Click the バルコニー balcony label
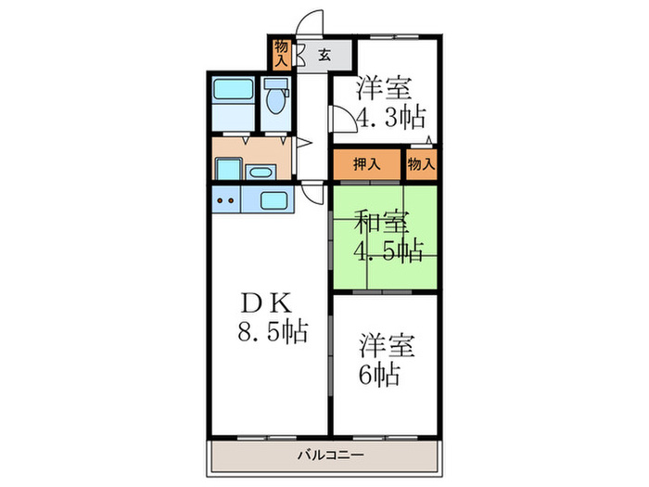pyautogui.click(x=324, y=455)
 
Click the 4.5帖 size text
pyautogui.click(x=388, y=250)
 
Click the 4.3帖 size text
pyautogui.click(x=390, y=118)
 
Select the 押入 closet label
pyautogui.click(x=366, y=164)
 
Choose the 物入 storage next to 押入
pyautogui.click(x=420, y=164)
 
